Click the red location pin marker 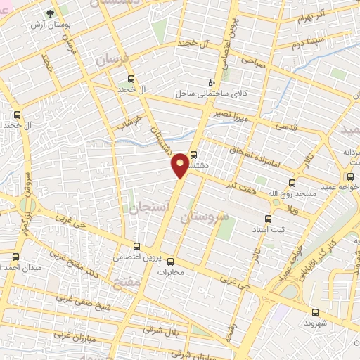181,164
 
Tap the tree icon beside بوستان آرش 50,13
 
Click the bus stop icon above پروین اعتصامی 137,246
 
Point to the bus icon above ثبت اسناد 267,218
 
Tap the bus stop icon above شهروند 314,311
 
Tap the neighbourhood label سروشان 205,219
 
